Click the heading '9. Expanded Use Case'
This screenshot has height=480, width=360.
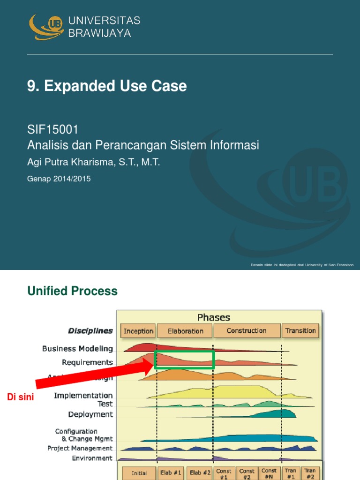click(x=107, y=86)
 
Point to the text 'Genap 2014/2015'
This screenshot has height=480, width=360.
click(x=59, y=178)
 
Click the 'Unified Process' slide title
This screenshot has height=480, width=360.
click(x=73, y=291)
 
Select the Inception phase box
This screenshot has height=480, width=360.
click(x=138, y=331)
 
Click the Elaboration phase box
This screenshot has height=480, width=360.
click(x=185, y=331)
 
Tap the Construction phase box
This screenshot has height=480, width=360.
click(x=247, y=330)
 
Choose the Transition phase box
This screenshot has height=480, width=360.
click(x=300, y=330)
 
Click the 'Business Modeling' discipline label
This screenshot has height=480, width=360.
click(x=77, y=349)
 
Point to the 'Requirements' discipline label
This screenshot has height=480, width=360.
click(x=87, y=362)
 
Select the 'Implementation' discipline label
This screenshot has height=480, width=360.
click(x=83, y=396)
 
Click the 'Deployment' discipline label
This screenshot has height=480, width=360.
click(x=90, y=414)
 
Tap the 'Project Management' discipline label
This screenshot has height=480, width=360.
click(x=80, y=449)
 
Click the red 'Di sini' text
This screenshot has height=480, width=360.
click(x=21, y=397)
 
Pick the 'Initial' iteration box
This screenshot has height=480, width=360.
click(x=139, y=473)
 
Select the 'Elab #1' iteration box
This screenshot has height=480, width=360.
click(x=171, y=473)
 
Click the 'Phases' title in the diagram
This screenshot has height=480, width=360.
click(x=214, y=317)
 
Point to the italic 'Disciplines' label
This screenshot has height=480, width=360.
click(x=90, y=331)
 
